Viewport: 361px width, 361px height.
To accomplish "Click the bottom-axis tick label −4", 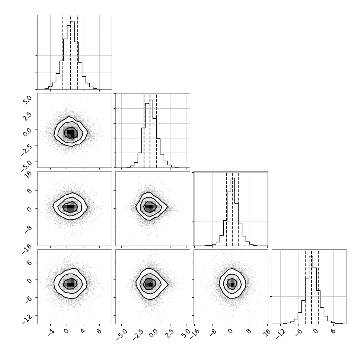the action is click(51, 333).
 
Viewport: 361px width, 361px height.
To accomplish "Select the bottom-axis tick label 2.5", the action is click(170, 333).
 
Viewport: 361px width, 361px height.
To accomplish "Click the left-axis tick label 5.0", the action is click(27, 100).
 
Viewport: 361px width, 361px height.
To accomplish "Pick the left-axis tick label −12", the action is click(26, 319).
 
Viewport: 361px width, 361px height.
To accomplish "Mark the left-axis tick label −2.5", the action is click(26, 150).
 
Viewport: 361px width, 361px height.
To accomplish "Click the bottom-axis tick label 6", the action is click(333, 331).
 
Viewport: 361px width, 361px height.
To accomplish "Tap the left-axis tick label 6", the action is click(29, 263).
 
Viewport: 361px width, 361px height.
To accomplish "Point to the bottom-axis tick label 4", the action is click(83, 331).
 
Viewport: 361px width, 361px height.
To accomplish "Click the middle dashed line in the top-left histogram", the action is click(71, 53).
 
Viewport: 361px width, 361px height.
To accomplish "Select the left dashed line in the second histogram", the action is click(144, 131).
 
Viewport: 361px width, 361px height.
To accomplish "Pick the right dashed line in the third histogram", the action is click(238, 209).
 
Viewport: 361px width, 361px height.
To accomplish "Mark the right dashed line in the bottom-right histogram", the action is click(318, 287).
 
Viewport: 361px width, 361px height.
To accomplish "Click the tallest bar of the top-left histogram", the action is click(73, 55).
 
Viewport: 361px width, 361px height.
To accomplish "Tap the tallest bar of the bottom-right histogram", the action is click(311, 290).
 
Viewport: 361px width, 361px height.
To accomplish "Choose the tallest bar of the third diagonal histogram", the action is click(233, 212).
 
